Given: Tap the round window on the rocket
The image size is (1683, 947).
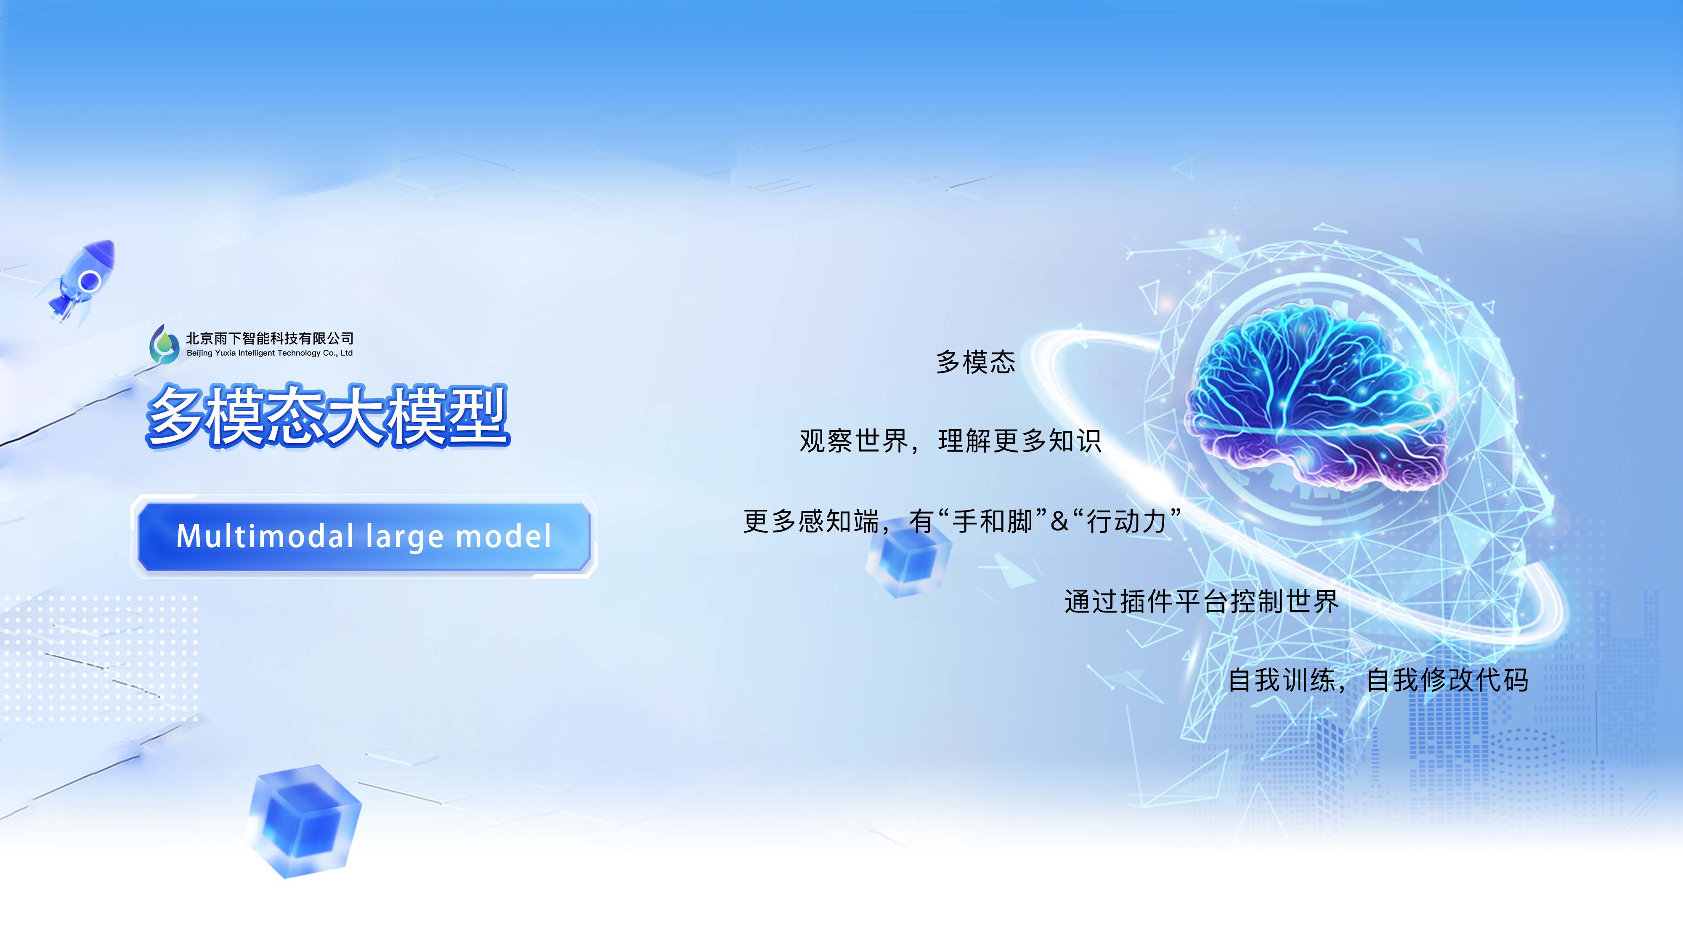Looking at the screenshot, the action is [90, 282].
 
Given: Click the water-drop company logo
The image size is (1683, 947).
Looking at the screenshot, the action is [163, 344].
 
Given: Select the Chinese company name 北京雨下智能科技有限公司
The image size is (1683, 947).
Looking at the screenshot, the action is [270, 338].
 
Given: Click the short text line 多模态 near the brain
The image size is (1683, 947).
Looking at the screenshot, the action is [975, 362].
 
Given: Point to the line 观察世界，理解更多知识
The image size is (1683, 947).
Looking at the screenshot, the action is [950, 441].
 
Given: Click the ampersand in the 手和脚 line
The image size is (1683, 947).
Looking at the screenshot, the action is [1059, 521].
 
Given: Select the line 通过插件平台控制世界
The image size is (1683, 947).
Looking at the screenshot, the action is [1202, 601].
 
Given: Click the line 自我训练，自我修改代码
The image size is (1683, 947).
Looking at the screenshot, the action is [1378, 680].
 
